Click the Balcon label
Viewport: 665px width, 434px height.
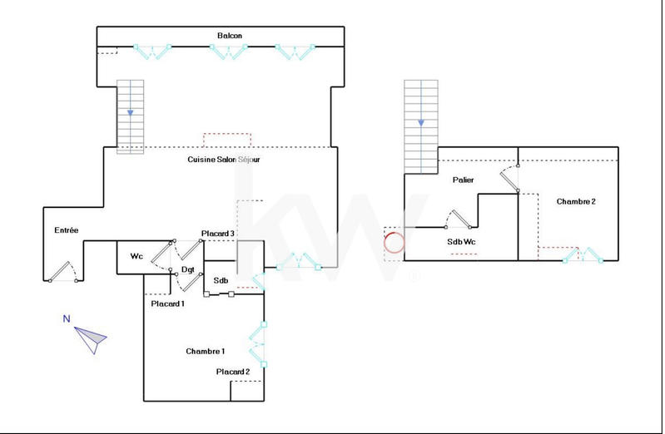click(x=230, y=36)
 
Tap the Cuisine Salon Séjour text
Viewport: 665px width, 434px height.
click(x=223, y=160)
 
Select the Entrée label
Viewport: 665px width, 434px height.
click(x=67, y=230)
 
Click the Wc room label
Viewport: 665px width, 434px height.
click(x=136, y=257)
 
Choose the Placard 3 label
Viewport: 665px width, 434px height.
click(x=218, y=234)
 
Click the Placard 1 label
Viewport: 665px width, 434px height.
click(x=167, y=303)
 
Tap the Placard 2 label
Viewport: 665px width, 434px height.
click(x=232, y=372)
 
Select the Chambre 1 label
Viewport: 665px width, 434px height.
click(x=205, y=352)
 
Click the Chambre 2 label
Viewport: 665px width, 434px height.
click(x=576, y=201)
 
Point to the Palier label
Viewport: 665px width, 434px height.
click(x=464, y=180)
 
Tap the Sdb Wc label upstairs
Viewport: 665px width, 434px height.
click(x=461, y=241)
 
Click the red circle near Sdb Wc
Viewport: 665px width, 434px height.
click(x=394, y=243)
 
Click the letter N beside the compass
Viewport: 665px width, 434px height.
click(x=66, y=318)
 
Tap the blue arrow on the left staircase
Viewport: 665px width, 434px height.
click(x=130, y=112)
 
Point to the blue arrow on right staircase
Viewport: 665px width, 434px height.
click(x=421, y=122)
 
